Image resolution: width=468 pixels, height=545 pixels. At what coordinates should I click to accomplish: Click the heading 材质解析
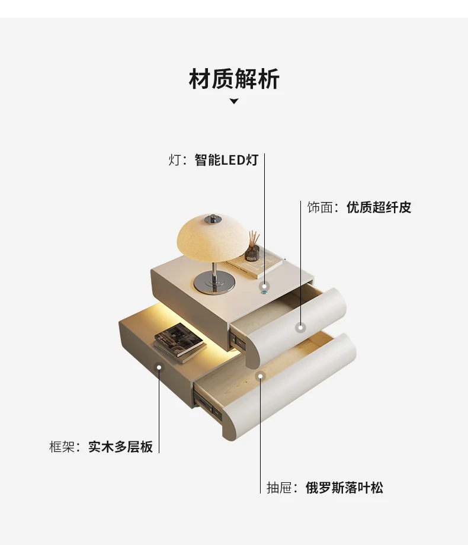234,79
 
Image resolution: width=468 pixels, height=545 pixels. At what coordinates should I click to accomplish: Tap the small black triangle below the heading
234,101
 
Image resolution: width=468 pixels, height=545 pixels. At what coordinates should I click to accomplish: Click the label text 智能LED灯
226,160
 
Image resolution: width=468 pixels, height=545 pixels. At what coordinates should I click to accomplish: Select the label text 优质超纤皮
379,207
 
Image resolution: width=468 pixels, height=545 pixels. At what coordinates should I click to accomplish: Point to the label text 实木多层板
121,447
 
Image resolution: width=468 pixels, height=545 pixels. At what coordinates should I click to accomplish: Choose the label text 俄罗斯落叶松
344,488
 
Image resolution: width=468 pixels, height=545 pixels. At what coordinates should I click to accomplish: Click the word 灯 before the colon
174,160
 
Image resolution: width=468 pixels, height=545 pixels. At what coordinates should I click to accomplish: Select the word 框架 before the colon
61,447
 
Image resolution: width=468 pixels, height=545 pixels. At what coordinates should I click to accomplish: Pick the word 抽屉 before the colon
278,488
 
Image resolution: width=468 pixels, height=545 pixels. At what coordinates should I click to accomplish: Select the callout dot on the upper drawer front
300,327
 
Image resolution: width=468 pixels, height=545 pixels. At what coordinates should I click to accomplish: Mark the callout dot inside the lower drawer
259,376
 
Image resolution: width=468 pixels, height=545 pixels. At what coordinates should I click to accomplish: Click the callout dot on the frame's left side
159,367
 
